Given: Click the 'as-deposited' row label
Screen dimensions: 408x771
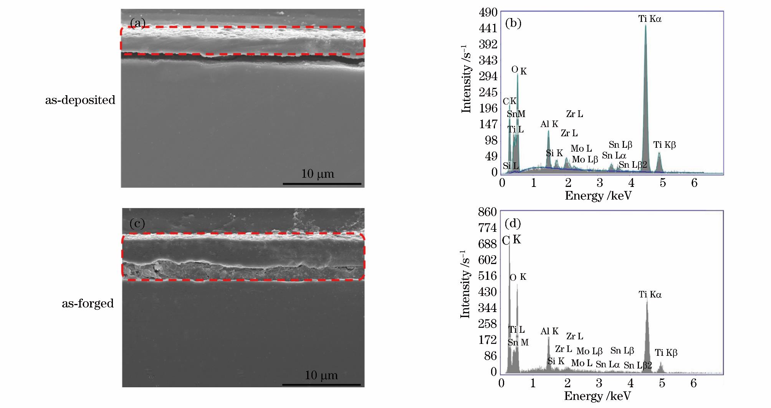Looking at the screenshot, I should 80,100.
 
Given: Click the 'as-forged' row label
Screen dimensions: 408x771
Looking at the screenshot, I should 88,304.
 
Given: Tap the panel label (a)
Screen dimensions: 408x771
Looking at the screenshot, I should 137,24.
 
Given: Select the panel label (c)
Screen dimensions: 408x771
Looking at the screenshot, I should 137,223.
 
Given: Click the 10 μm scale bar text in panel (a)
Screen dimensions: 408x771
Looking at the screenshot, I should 318,174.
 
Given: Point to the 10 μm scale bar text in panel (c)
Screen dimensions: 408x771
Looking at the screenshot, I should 321,375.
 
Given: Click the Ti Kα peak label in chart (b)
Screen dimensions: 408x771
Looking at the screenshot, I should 650,19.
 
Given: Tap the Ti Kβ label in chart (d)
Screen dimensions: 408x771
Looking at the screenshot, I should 666,353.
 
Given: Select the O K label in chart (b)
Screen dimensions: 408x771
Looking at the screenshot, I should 519,71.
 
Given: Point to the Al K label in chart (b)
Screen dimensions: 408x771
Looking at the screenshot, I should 549,124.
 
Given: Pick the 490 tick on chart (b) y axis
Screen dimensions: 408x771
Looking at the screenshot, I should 488,13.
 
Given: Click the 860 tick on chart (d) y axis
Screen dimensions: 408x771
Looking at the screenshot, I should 488,212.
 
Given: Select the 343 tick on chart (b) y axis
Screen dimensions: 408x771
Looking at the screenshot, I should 488,61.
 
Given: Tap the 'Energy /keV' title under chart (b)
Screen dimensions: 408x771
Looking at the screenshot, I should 598,196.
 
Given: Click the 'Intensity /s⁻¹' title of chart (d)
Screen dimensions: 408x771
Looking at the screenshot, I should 465,284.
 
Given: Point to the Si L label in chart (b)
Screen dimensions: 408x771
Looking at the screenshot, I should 510,166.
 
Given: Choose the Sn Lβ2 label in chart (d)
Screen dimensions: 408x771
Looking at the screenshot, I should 638,365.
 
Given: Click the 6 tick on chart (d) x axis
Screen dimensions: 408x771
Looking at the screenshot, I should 693,383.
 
